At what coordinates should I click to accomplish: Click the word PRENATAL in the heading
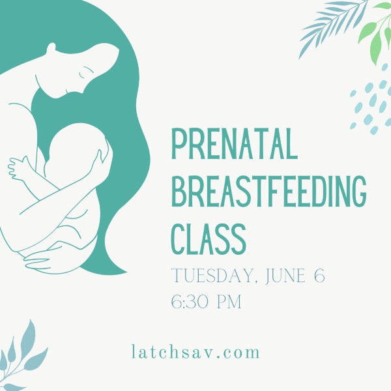235,144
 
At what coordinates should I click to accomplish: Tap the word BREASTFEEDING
268,191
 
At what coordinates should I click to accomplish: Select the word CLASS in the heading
209,239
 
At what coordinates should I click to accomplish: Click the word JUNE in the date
285,276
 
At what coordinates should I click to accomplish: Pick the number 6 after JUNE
319,276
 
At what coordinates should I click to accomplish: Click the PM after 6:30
229,302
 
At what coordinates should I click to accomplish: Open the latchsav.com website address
195,351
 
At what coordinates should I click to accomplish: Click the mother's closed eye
82,75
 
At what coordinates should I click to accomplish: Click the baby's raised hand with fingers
18,167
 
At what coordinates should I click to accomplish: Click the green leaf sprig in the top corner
375,32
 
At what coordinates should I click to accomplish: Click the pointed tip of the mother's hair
126,272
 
